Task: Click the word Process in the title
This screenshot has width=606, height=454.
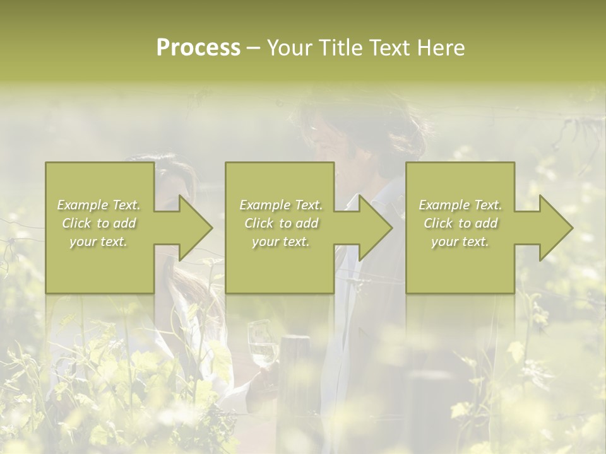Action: [198, 48]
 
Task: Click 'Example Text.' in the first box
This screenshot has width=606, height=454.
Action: [99, 205]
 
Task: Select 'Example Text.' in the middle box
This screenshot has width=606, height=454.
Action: [281, 205]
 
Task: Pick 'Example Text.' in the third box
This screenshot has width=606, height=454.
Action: [460, 205]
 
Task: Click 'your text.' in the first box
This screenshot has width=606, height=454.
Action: [99, 242]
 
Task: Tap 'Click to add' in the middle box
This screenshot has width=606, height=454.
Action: [281, 223]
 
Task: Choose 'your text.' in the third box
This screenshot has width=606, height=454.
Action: [460, 242]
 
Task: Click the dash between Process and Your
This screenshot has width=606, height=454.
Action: [253, 49]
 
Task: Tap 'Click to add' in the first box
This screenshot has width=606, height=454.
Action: [99, 223]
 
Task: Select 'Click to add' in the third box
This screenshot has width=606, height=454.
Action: [460, 223]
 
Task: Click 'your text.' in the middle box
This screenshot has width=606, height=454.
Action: [281, 242]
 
